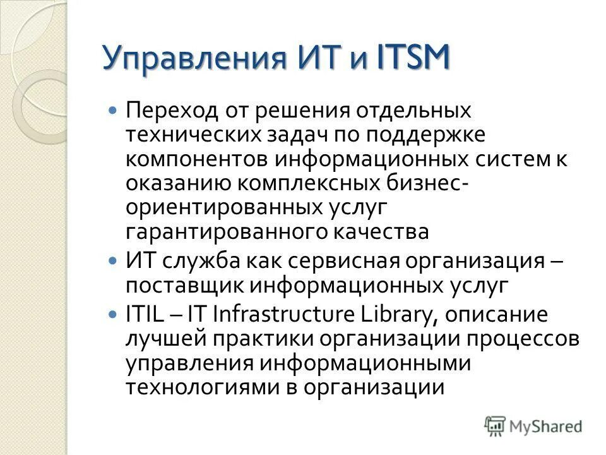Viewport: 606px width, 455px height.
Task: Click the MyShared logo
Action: click(x=533, y=426)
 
